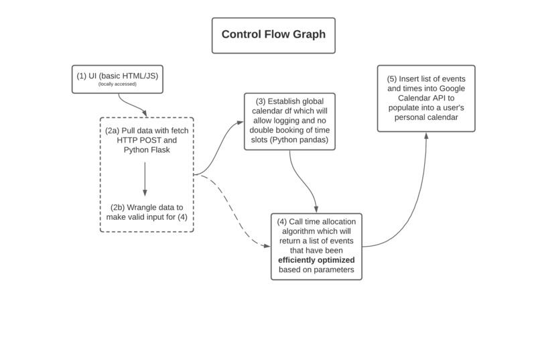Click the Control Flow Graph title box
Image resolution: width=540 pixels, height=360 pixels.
273,35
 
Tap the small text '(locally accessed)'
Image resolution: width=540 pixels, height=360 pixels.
117,84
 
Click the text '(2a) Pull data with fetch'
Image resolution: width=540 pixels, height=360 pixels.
146,130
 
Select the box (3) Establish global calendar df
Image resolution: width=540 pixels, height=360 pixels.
289,121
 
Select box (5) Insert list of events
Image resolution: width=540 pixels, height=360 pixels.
426,98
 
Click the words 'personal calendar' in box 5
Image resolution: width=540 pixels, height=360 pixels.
426,117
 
